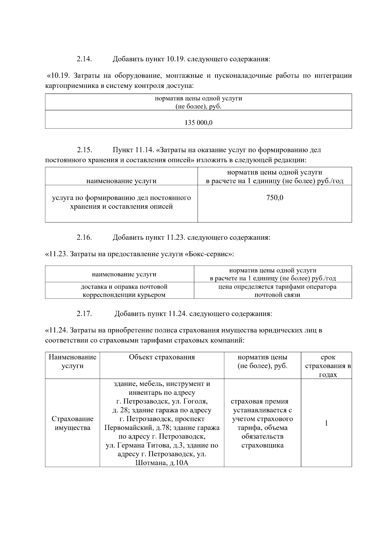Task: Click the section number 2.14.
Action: (84, 59)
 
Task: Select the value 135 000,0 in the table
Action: (198, 123)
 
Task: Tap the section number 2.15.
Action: (84, 150)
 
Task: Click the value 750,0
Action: (274, 198)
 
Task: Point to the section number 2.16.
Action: (84, 238)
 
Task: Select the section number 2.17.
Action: (84, 314)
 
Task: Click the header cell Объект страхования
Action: (162, 357)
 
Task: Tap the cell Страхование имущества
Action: (72, 423)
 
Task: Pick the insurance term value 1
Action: (326, 423)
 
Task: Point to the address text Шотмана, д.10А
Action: (162, 463)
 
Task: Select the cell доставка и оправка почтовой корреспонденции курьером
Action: (124, 291)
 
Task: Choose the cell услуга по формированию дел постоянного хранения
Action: (121, 202)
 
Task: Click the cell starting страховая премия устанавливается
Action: (262, 423)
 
